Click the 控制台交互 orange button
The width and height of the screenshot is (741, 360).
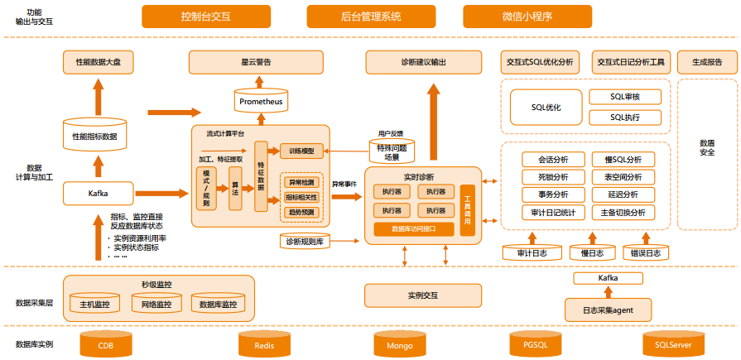point(211,17)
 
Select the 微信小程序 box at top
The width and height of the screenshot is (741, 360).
point(527,17)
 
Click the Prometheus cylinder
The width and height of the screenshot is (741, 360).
point(261,102)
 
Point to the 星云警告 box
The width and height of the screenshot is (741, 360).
point(256,62)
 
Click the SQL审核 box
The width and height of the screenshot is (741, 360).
point(625,97)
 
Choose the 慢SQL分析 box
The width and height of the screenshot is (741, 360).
point(623,160)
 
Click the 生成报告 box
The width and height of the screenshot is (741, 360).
point(706,62)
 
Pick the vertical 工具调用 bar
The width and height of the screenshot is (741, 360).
point(468,212)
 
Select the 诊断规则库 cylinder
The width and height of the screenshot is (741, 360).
point(306,242)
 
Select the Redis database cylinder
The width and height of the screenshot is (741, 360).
point(264,345)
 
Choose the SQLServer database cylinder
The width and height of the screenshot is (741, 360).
point(672,345)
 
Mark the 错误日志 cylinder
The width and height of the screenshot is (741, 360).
point(645,253)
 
